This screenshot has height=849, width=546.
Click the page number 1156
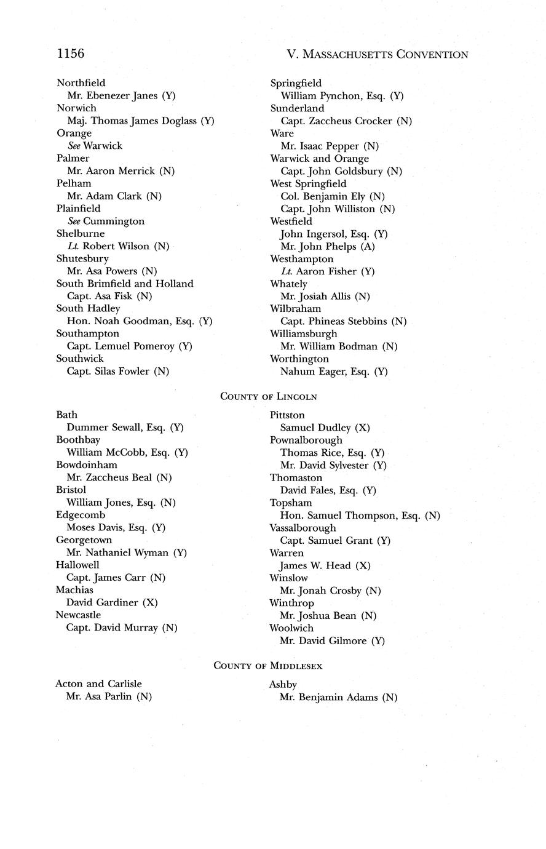70,54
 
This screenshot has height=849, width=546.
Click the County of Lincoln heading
269,397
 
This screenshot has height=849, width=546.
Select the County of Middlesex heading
267,666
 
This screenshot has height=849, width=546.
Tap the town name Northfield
81,83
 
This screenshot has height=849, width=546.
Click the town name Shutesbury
82,258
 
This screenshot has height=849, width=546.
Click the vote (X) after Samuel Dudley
362,428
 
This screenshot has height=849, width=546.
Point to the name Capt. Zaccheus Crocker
336,121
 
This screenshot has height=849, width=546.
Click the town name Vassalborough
303,528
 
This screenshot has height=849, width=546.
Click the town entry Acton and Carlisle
98,684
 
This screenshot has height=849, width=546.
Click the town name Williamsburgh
303,333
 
